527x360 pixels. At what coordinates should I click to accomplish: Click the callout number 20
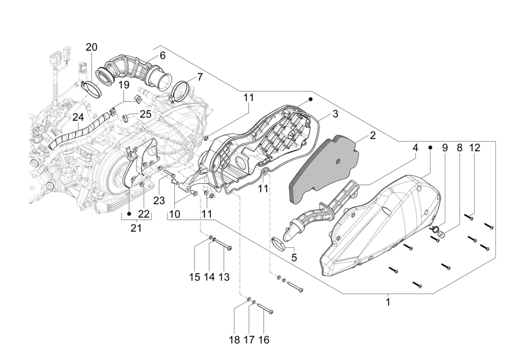91,47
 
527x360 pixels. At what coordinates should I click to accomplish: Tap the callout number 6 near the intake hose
162,56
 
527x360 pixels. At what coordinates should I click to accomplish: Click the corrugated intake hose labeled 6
132,70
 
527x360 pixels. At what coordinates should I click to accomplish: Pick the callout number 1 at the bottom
388,302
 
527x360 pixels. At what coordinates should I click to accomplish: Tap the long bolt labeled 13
223,246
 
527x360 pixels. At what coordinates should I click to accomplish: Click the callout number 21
136,228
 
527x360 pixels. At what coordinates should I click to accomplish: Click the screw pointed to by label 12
468,217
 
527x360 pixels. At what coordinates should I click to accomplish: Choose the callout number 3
335,114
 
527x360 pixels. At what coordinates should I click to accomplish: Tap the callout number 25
145,114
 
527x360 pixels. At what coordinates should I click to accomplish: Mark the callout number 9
445,148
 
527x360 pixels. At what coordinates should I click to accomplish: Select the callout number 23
159,200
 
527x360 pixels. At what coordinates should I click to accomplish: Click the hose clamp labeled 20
91,88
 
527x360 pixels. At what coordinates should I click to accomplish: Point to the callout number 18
234,340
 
